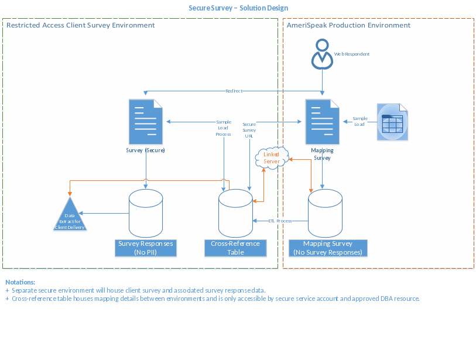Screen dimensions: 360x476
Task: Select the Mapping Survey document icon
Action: [322, 121]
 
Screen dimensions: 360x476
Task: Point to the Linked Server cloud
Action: [272, 157]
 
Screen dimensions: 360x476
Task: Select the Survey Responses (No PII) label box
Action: [145, 248]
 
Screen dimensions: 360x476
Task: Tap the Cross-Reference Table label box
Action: [235, 248]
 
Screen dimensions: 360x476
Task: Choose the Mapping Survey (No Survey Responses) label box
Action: [328, 248]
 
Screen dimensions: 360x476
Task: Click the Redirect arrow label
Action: [234, 91]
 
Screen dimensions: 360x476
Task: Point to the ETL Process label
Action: [280, 221]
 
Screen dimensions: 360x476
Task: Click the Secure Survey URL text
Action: [249, 129]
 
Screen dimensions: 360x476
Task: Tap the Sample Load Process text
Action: [223, 126]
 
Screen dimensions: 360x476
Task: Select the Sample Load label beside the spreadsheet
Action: [359, 121]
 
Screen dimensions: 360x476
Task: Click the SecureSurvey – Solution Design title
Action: [238, 8]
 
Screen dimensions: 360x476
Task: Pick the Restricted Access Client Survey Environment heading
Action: [80, 25]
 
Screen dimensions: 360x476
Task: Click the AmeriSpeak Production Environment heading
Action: [348, 25]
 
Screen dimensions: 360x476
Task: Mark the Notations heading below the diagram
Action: [20, 282]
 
